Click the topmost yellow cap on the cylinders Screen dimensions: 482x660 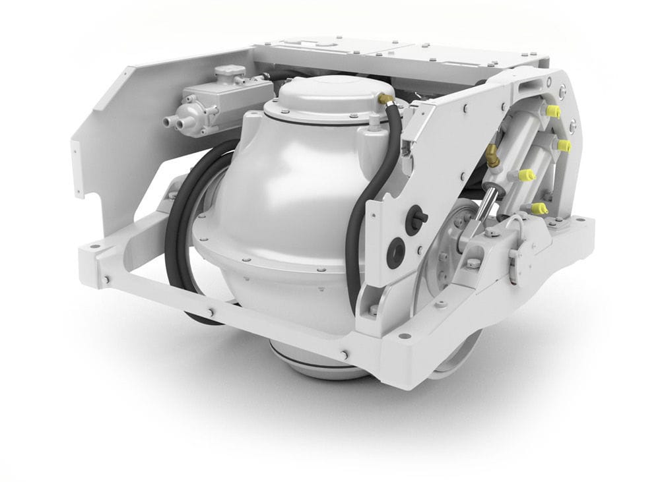click(553, 111)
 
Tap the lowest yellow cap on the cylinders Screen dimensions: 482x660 click(540, 209)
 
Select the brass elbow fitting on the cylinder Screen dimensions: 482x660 click(492, 156)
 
